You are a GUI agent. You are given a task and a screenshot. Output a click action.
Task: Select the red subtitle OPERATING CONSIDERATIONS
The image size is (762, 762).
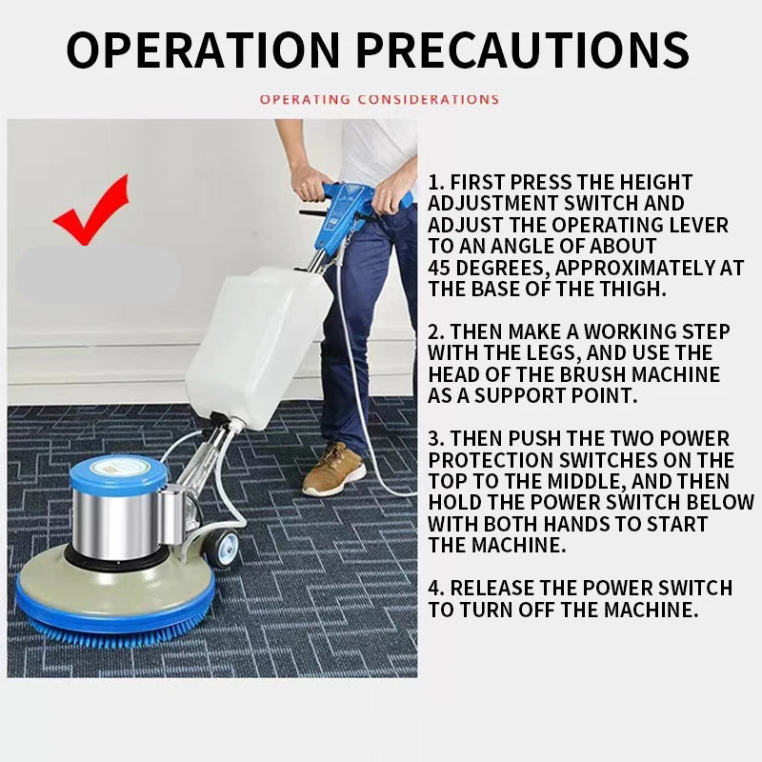[x=379, y=99]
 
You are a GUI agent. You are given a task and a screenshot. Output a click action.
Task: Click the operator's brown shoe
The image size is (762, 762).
[x=334, y=469]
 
